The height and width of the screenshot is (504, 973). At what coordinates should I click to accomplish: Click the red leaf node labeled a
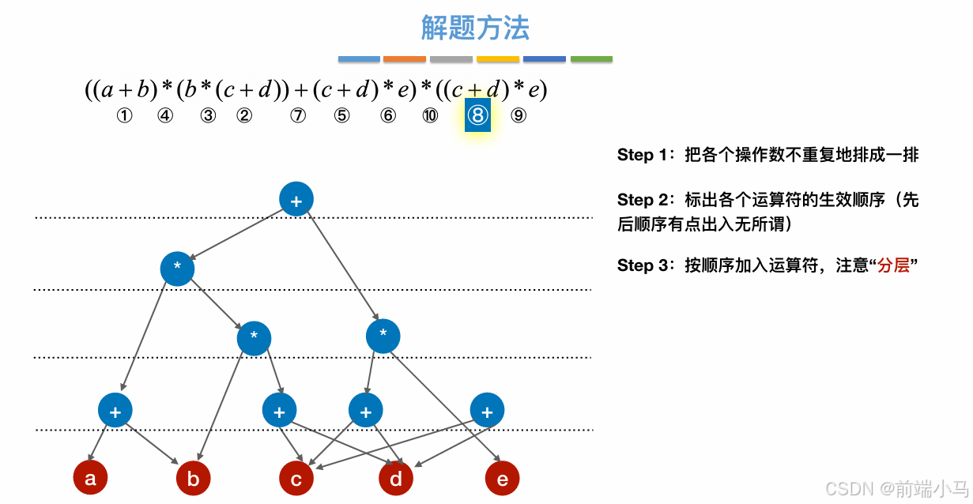[x=90, y=478]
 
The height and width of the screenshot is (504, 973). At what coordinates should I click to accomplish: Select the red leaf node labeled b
[x=194, y=479]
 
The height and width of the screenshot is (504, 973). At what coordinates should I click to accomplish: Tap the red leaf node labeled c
[x=296, y=479]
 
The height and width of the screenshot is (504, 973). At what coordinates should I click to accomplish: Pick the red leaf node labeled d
[x=396, y=479]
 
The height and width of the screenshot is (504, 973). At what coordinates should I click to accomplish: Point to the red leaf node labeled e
[x=503, y=479]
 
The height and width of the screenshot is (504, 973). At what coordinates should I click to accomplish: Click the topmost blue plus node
[x=296, y=201]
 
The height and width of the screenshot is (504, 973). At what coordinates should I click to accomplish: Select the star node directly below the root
[x=177, y=269]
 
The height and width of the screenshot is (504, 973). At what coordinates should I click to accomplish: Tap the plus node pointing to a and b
[x=115, y=411]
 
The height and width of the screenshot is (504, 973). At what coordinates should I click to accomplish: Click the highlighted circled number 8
[x=477, y=116]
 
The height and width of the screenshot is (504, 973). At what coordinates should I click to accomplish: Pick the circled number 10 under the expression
[x=430, y=116]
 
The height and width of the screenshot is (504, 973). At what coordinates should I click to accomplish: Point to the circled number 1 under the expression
[x=123, y=116]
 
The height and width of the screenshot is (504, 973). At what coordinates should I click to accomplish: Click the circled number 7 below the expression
[x=297, y=116]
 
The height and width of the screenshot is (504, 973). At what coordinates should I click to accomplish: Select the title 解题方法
[x=475, y=28]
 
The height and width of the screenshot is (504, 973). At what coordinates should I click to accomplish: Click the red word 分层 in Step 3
[x=892, y=265]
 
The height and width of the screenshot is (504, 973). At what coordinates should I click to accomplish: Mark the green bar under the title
[x=591, y=59]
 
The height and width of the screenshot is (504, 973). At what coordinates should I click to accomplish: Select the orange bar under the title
[x=405, y=59]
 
